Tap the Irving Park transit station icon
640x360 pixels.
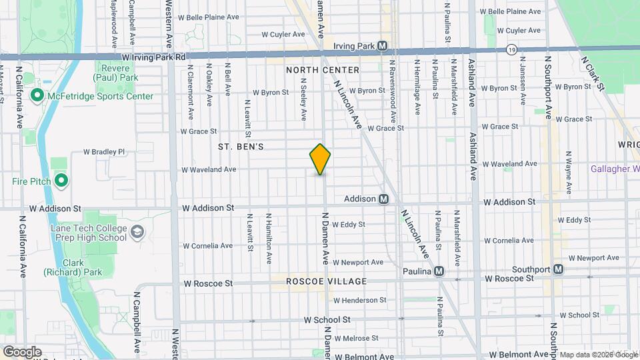(x=383, y=46)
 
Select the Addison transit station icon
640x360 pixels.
(x=384, y=199)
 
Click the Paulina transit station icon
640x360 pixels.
(x=439, y=271)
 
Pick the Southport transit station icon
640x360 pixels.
(x=558, y=269)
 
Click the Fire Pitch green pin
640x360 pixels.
(x=61, y=181)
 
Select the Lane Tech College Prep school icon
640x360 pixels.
(x=137, y=232)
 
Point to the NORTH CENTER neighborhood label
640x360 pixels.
(x=323, y=70)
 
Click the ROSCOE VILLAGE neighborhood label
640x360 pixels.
(x=327, y=281)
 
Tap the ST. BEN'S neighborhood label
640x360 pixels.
(x=241, y=145)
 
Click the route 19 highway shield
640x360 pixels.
(x=511, y=49)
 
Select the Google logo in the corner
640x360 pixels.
(x=21, y=352)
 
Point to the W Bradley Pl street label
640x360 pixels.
(x=104, y=152)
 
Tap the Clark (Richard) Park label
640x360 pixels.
(x=82, y=267)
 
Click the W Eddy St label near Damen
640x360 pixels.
(x=349, y=225)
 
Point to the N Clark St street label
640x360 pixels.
(x=592, y=73)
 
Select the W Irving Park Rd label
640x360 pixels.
(x=154, y=58)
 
